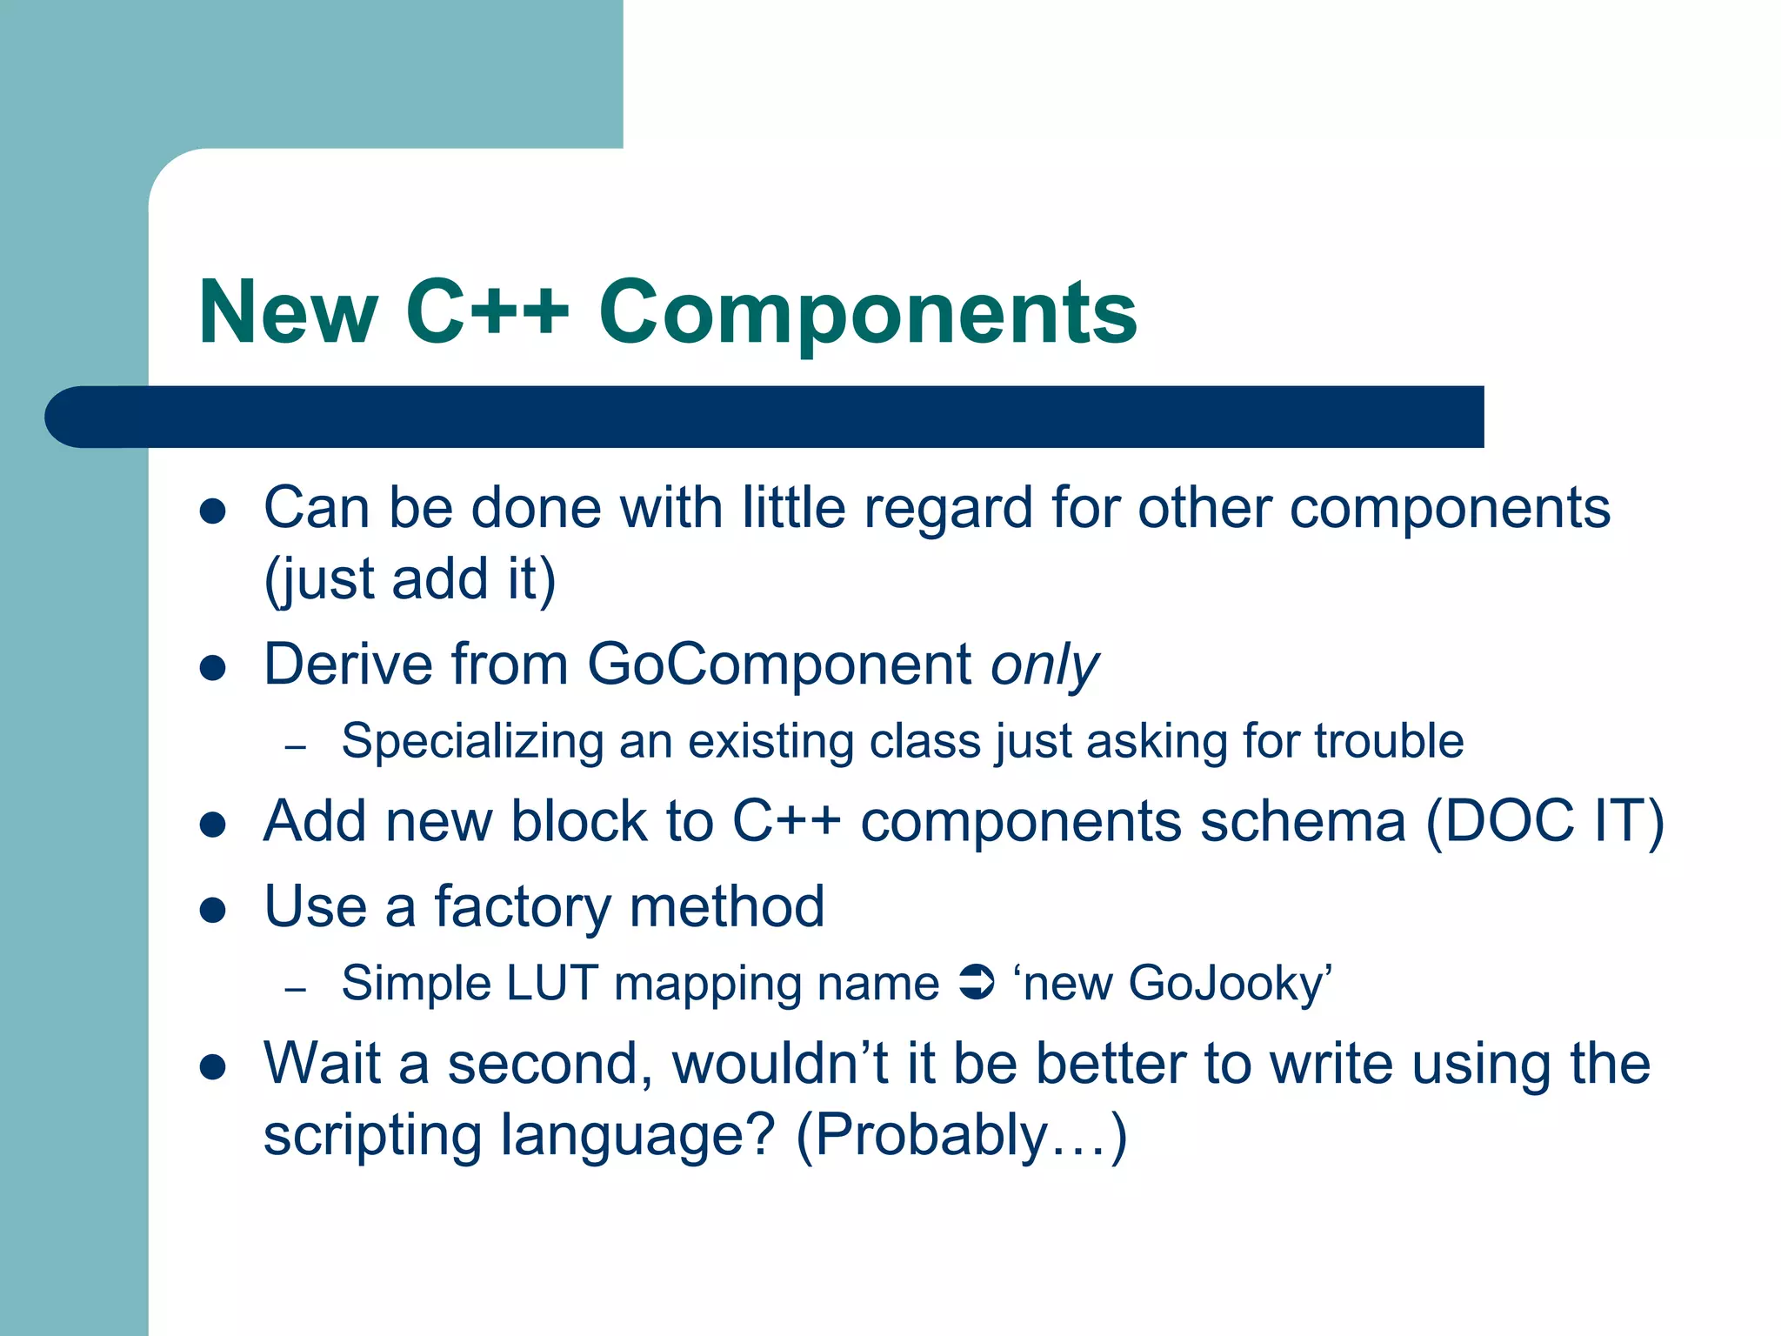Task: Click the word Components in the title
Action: (867, 313)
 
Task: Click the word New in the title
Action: (288, 313)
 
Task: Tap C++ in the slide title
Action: (487, 313)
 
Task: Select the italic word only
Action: (1044, 666)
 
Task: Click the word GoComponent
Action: (779, 665)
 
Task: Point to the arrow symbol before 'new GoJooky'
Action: (976, 984)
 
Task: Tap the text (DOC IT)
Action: (1544, 821)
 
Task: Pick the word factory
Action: (523, 907)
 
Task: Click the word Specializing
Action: (472, 742)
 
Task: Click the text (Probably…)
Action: (961, 1135)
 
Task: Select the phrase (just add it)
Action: (410, 579)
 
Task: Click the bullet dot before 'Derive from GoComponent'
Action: (213, 668)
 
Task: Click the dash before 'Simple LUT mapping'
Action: (296, 990)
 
